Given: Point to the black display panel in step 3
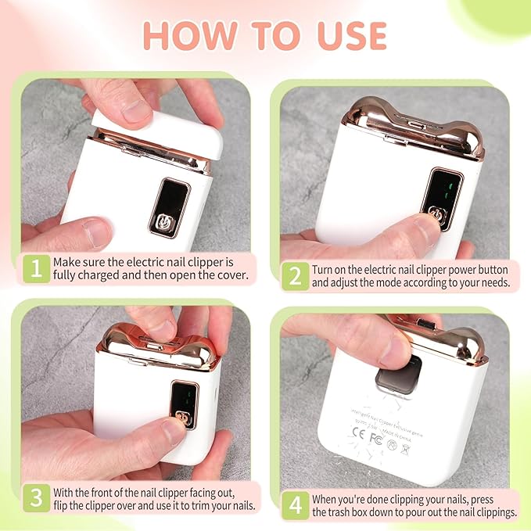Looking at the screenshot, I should (185, 405).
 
